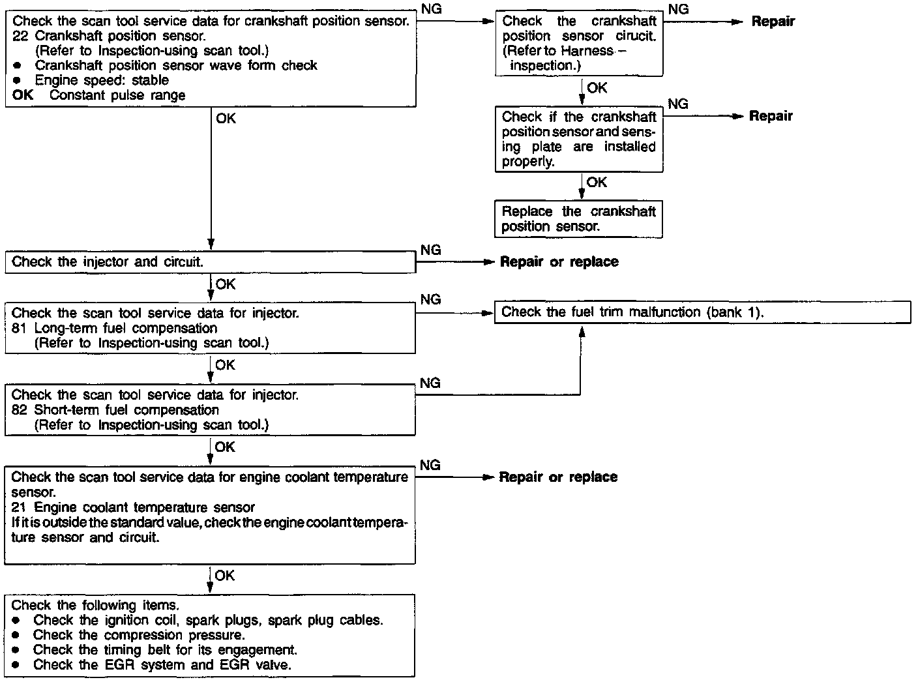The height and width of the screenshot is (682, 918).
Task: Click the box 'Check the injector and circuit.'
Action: pyautogui.click(x=210, y=263)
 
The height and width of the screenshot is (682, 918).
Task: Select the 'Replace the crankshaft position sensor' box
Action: pyautogui.click(x=578, y=219)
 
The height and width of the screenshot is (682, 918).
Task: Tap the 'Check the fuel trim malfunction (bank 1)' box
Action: pyautogui.click(x=702, y=312)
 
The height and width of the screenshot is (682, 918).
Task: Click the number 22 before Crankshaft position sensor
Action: pyautogui.click(x=20, y=36)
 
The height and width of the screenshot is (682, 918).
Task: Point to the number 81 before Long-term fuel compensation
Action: pyautogui.click(x=20, y=328)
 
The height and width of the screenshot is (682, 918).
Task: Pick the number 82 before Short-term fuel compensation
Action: pyautogui.click(x=20, y=410)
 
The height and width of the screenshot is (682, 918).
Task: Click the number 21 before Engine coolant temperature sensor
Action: pyautogui.click(x=20, y=507)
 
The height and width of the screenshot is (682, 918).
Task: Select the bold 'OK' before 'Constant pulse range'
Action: pyautogui.click(x=22, y=95)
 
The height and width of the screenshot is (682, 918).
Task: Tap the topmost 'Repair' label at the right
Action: pyautogui.click(x=773, y=22)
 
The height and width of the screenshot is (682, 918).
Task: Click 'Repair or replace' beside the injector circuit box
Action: pyautogui.click(x=559, y=262)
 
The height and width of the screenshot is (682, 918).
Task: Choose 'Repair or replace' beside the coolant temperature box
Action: pyautogui.click(x=558, y=477)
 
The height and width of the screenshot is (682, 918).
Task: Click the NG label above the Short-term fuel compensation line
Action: pyautogui.click(x=430, y=383)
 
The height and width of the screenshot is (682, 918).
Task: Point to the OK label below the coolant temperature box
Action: pyautogui.click(x=225, y=576)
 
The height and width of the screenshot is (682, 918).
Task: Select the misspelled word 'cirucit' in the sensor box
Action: pyautogui.click(x=634, y=37)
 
